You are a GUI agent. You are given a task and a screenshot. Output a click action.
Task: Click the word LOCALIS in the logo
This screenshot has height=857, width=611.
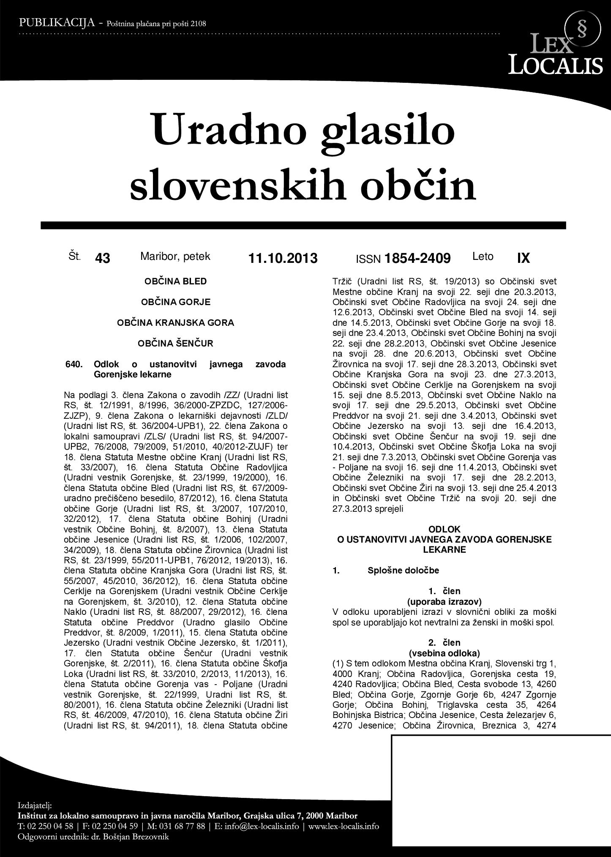tap(555, 65)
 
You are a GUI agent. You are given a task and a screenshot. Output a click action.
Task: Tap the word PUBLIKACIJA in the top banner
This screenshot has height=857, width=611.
tap(56, 23)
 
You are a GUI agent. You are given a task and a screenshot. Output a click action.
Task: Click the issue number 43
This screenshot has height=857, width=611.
tap(103, 258)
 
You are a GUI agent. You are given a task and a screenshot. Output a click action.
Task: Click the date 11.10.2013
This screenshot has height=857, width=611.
tap(283, 258)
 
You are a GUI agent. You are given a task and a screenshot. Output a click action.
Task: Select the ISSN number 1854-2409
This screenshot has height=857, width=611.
tap(417, 258)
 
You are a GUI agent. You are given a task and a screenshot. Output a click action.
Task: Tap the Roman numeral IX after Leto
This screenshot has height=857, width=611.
tap(523, 258)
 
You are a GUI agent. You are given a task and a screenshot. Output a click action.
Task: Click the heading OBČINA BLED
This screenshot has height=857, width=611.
tap(176, 281)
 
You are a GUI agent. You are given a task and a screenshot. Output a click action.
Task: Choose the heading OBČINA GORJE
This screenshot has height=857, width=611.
tap(176, 302)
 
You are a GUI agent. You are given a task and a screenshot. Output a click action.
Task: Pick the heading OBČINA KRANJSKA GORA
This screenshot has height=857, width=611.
tap(176, 323)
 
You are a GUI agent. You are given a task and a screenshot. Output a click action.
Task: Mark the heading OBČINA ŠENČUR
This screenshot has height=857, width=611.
tap(176, 344)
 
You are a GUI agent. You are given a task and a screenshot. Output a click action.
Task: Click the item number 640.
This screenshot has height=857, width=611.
tap(74, 364)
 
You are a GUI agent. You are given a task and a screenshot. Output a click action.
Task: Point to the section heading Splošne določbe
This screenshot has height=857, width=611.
tap(403, 570)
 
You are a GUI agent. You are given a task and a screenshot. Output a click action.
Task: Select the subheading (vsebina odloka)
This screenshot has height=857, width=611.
tap(444, 653)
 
